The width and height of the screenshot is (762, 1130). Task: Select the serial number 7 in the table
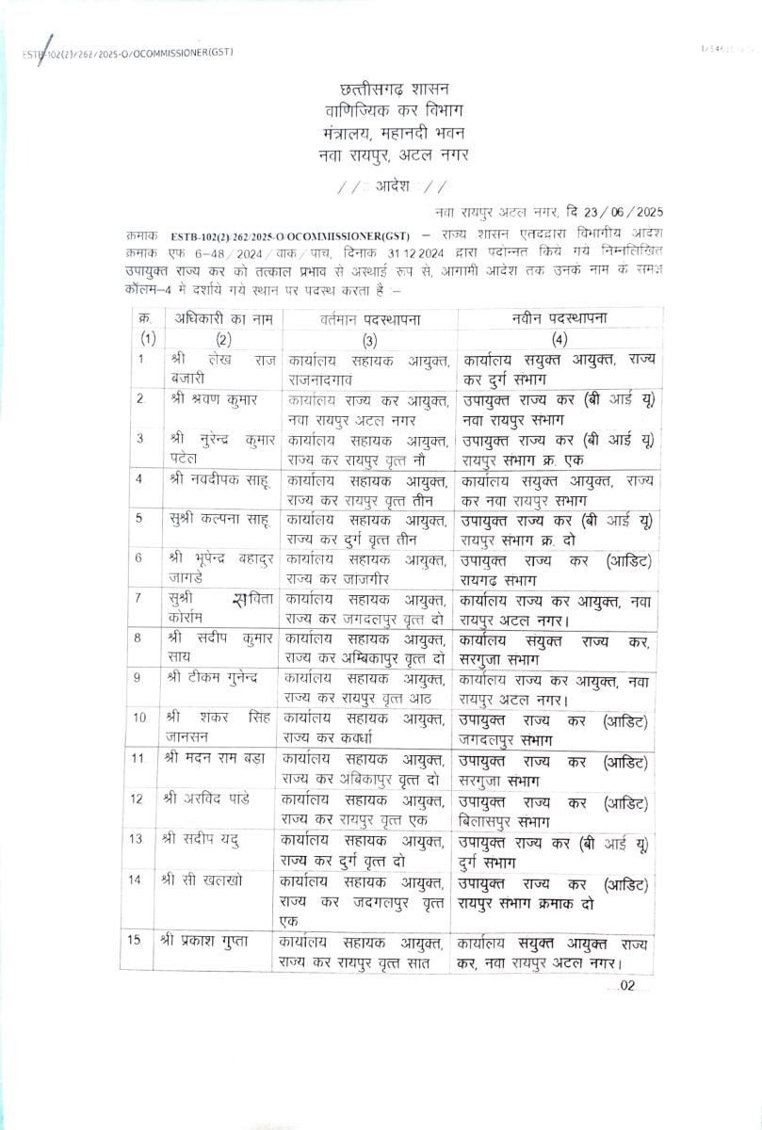(138, 598)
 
